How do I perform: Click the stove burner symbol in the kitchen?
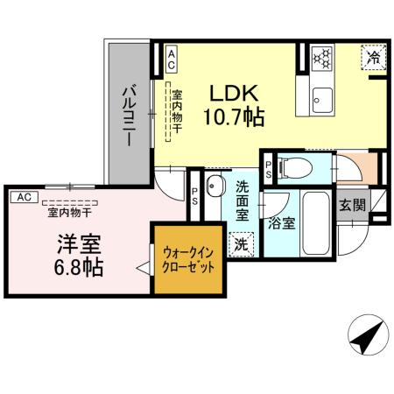tap(323, 60)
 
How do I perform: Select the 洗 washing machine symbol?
tap(238, 245)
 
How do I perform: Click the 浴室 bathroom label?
tap(282, 222)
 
